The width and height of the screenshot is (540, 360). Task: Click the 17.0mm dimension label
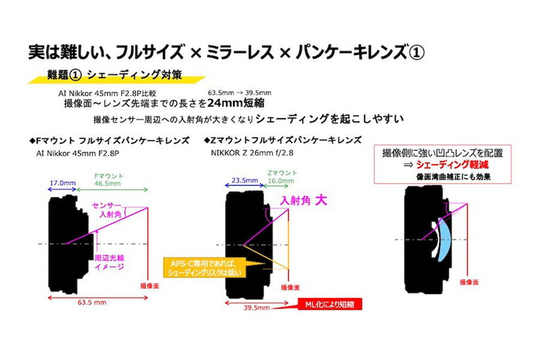click(x=62, y=183)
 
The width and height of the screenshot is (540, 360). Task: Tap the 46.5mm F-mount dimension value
click(x=107, y=184)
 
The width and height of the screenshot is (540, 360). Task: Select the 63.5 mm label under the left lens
click(x=92, y=302)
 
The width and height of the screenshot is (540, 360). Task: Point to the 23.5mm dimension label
click(x=245, y=180)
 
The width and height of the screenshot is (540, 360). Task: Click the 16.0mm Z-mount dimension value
click(x=281, y=181)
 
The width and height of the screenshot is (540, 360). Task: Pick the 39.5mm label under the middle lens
click(x=257, y=308)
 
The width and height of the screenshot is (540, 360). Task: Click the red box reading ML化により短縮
click(x=329, y=304)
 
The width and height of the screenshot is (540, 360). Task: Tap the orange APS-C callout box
click(x=205, y=268)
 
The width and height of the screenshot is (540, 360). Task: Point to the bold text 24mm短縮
click(x=236, y=103)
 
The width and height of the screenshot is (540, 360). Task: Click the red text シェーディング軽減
click(x=452, y=164)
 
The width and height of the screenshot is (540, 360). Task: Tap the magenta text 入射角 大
click(x=303, y=200)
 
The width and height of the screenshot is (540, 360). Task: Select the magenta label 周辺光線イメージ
click(x=109, y=262)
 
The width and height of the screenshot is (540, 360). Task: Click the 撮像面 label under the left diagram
click(x=150, y=286)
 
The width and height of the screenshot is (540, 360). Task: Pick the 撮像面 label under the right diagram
click(x=469, y=282)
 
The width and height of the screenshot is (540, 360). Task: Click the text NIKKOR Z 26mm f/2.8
click(x=252, y=153)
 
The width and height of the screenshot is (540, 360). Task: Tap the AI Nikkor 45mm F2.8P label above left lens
click(x=77, y=154)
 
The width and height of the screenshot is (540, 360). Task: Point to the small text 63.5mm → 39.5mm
click(x=239, y=92)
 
